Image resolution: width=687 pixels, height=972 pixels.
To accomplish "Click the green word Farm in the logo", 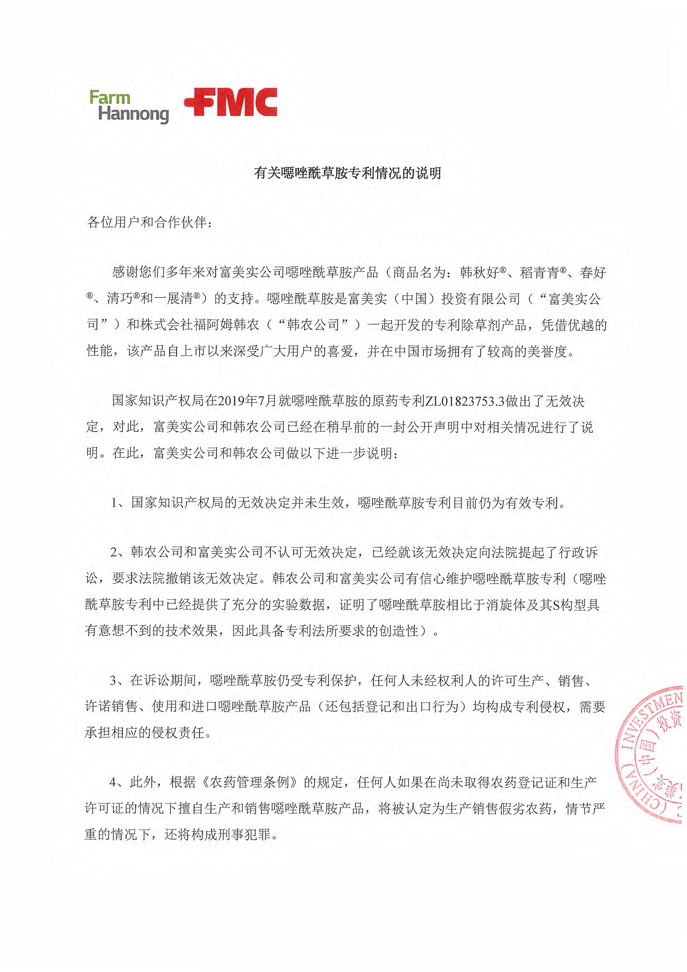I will coord(110,98).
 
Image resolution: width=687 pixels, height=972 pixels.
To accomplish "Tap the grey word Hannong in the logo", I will coord(133,114).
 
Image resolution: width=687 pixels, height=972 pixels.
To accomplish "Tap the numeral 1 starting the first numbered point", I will coord(114,503).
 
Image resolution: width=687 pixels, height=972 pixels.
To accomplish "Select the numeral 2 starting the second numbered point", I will coord(114,553).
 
